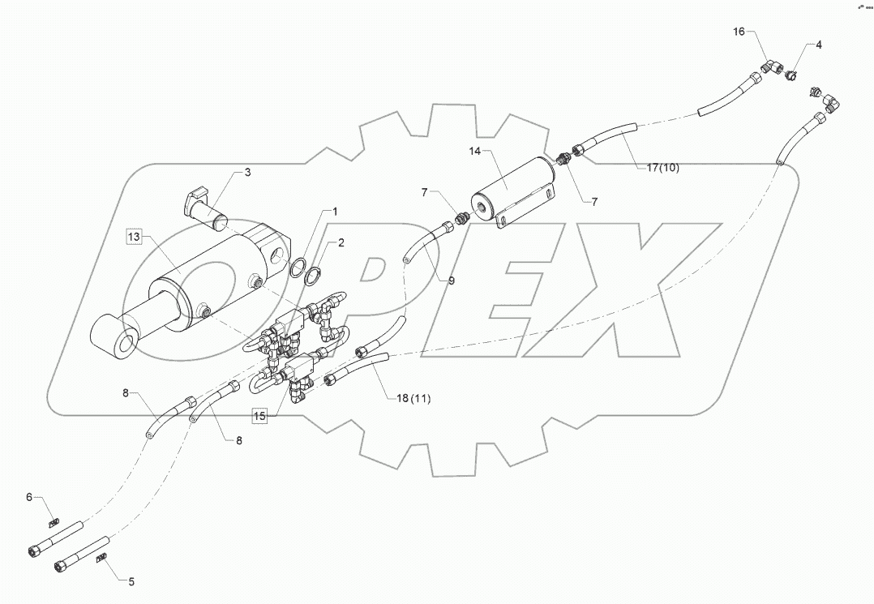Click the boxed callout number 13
pyautogui.click(x=134, y=237)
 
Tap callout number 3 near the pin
pyautogui.click(x=247, y=173)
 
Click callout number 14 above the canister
pyautogui.click(x=476, y=151)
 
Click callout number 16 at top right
pyautogui.click(x=739, y=32)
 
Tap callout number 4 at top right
pyautogui.click(x=818, y=45)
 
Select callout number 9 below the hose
pyautogui.click(x=451, y=281)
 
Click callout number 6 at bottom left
pyautogui.click(x=29, y=497)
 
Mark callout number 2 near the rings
pyautogui.click(x=341, y=242)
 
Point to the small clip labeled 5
pyautogui.click(x=102, y=558)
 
